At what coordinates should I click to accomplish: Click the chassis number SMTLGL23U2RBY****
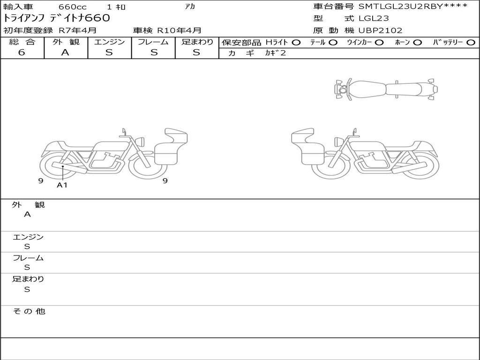coord(413,7)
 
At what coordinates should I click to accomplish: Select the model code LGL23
coord(374,18)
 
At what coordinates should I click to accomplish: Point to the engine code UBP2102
coord(381,30)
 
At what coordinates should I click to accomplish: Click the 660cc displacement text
coord(73,7)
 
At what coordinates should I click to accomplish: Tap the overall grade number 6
coord(22,52)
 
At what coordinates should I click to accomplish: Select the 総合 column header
coord(22,42)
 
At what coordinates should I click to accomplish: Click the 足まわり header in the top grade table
coord(197,42)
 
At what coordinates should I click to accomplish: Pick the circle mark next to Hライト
coord(296,43)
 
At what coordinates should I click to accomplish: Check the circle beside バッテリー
coord(471,43)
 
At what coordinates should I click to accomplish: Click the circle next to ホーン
coord(417,43)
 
